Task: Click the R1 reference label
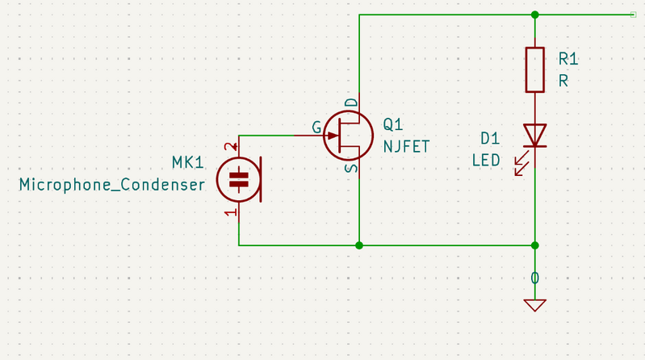coord(568,59)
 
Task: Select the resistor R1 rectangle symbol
coord(534,69)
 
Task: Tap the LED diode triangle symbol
coord(534,136)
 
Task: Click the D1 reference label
coord(490,138)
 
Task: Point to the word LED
coord(486,160)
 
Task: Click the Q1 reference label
coord(393,124)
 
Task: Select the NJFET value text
coord(406,146)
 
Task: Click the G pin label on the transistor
coord(316,128)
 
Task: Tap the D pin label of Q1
coord(352,103)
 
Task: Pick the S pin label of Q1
coord(352,168)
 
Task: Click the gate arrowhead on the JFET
coord(333,136)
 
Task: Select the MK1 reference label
coord(187,162)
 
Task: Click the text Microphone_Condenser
coord(112,185)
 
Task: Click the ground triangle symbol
coord(534,305)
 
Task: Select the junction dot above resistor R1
coord(534,15)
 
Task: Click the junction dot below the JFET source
coord(359,245)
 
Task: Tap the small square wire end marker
coord(634,15)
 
